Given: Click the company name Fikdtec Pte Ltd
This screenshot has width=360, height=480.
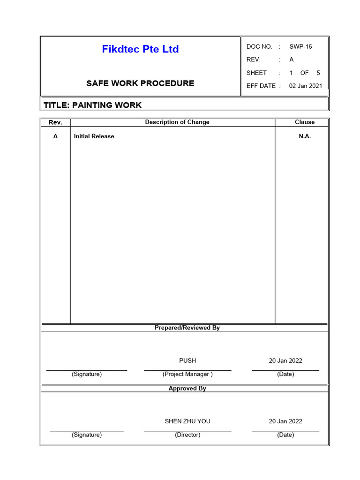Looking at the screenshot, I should click(140, 49).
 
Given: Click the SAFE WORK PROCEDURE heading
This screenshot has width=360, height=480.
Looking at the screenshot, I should click(140, 83).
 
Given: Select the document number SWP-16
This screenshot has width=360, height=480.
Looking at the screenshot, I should click(300, 46).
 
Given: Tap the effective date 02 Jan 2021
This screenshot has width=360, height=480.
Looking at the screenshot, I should click(306, 86).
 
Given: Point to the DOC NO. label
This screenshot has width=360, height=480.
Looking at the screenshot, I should click(259, 46).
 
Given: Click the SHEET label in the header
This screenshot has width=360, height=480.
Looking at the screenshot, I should click(256, 73).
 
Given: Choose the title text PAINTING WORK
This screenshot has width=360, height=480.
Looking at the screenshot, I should click(107, 105).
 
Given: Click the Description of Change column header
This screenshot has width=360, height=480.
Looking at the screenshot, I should click(177, 122).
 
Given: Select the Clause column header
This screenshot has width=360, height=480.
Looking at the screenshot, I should click(305, 122).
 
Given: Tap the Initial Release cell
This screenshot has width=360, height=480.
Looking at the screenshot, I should click(94, 136).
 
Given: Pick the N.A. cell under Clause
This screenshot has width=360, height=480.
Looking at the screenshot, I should click(305, 136).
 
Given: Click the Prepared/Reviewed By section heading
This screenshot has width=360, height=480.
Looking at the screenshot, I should click(187, 328).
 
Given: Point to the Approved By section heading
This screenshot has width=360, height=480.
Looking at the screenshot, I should click(187, 389).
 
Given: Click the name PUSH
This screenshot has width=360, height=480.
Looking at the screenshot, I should click(187, 360).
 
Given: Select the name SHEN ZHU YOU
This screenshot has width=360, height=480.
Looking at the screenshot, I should click(187, 421).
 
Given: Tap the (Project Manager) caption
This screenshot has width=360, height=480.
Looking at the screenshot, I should click(187, 374).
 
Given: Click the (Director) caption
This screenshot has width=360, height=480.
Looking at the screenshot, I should click(187, 435).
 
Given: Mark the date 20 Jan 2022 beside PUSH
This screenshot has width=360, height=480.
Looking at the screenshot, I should click(285, 360).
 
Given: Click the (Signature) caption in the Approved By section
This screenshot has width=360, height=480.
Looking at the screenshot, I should click(87, 435).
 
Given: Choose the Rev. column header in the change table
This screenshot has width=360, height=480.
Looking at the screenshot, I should click(55, 122).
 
